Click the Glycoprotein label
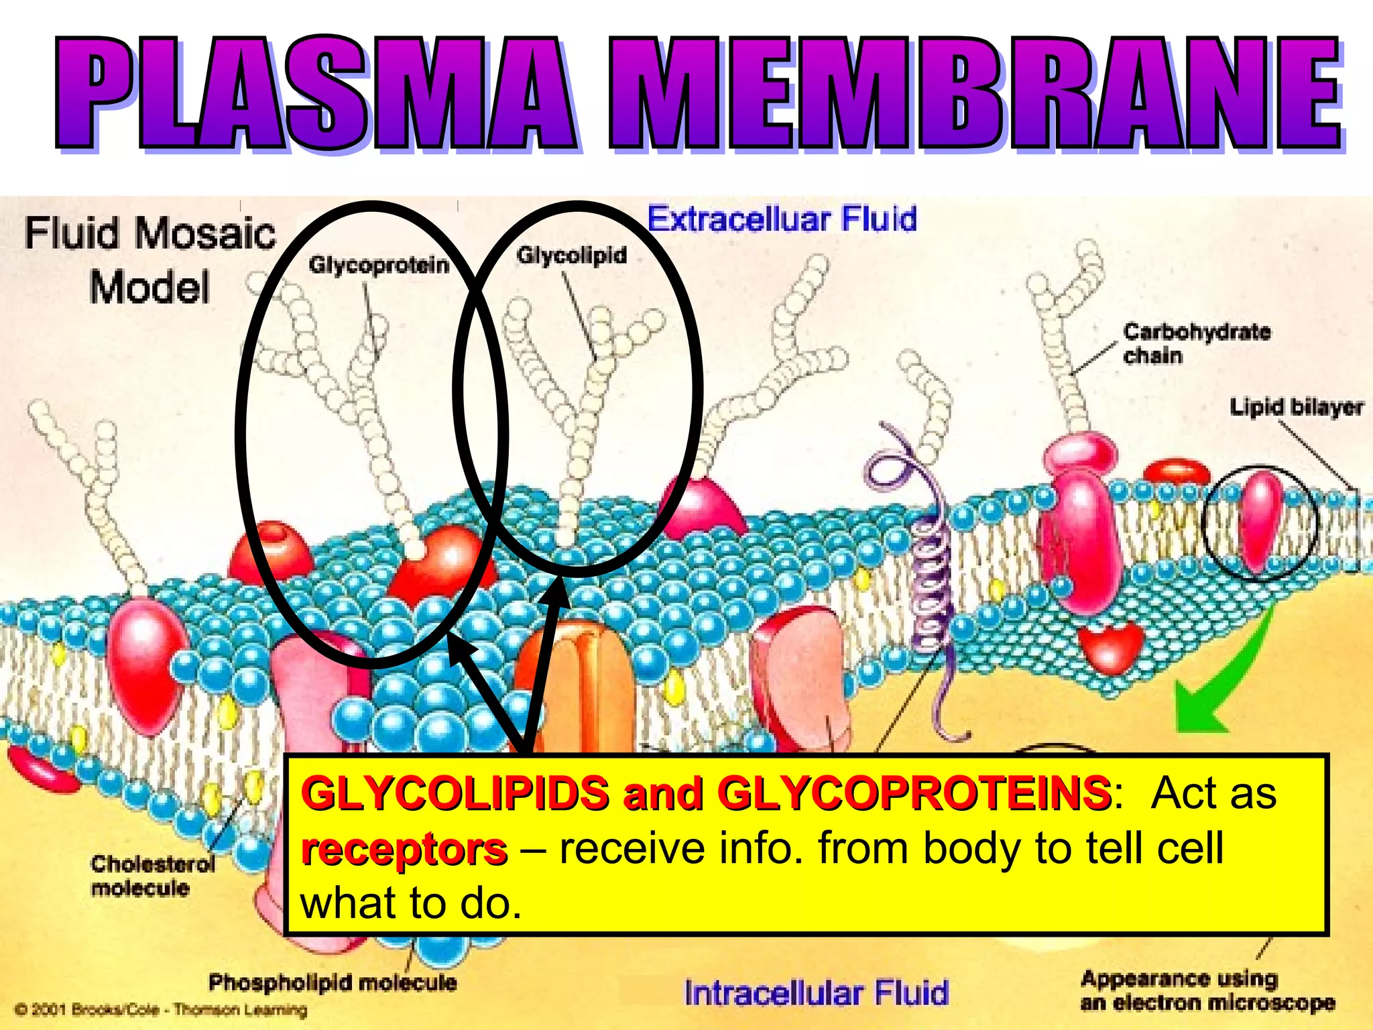click(x=379, y=266)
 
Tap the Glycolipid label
click(x=571, y=255)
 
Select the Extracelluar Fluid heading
click(x=782, y=219)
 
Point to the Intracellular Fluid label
click(x=816, y=993)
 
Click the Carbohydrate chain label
click(x=1196, y=343)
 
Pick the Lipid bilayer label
click(x=1295, y=407)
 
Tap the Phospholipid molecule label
click(x=333, y=983)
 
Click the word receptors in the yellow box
click(x=404, y=850)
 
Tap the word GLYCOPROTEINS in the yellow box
click(x=913, y=794)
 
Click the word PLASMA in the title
click(x=315, y=94)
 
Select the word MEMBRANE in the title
click(x=972, y=94)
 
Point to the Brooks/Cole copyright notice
click(x=161, y=1009)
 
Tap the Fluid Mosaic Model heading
click(x=150, y=260)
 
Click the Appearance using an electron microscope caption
click(x=1207, y=990)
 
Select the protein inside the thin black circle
click(x=1258, y=520)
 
